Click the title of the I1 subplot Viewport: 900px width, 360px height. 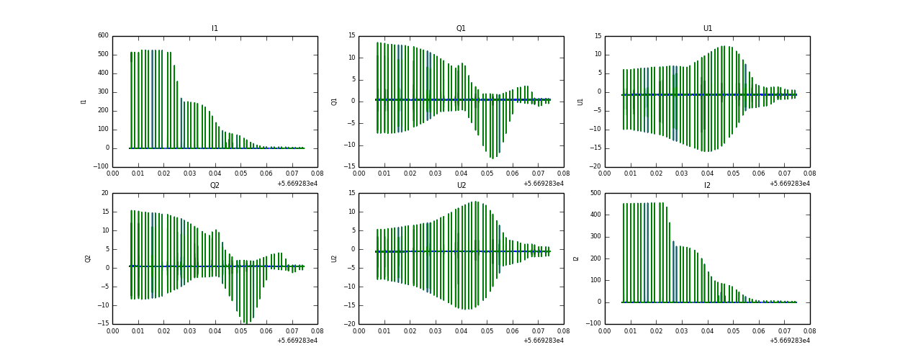point(215,29)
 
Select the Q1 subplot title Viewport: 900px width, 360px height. point(461,29)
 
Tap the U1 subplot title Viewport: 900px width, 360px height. point(707,29)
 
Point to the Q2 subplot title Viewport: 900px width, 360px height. point(215,186)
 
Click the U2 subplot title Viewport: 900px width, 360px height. point(461,186)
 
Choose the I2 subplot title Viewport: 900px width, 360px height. point(707,186)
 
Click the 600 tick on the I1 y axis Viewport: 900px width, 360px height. point(103,35)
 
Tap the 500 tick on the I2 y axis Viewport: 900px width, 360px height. point(595,193)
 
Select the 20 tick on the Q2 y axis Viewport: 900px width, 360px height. point(105,193)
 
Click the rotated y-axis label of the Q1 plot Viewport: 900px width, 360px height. point(334,102)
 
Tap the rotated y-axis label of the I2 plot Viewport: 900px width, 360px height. point(576,258)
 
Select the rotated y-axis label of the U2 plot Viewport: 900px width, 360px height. point(334,258)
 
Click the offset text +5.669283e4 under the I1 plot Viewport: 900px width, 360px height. point(297,184)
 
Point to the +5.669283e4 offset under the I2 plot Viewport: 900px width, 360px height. point(790,341)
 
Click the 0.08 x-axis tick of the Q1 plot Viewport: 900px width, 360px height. point(564,174)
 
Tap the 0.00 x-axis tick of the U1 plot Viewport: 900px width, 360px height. point(606,174)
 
